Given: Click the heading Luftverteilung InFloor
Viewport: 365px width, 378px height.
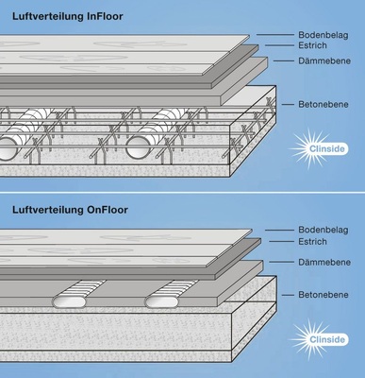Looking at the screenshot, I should pyautogui.click(x=68, y=17).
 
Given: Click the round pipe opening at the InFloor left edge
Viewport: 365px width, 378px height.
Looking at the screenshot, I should pyautogui.click(x=7, y=149).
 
